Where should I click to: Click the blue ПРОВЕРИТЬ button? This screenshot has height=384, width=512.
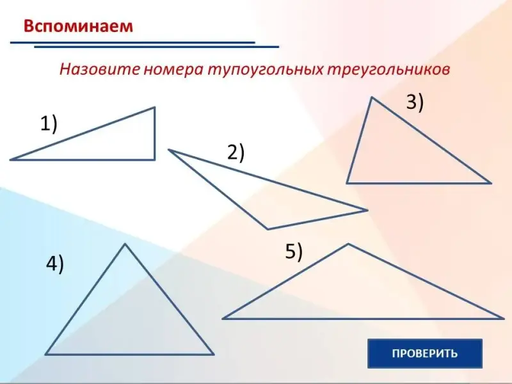(x=425, y=353)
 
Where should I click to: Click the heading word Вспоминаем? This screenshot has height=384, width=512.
(x=78, y=26)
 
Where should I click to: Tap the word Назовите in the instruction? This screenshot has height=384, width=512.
(x=100, y=69)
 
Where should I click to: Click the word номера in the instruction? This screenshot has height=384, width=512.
(x=173, y=70)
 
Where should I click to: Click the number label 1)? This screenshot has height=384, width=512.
(x=49, y=124)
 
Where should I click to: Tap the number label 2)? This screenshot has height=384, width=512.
(x=236, y=152)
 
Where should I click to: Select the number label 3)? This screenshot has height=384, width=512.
(x=415, y=102)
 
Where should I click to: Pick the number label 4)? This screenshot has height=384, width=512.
(x=55, y=264)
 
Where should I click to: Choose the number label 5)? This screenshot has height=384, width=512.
(x=294, y=252)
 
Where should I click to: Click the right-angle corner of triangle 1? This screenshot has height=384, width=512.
(x=154, y=159)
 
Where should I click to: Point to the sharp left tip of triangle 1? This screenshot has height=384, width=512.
(x=10, y=159)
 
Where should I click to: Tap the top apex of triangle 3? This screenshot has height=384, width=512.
(x=372, y=97)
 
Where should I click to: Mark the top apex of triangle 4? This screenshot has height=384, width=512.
(x=125, y=244)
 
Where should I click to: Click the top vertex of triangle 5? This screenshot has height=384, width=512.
(x=348, y=244)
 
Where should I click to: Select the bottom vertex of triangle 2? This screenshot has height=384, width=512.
(x=268, y=229)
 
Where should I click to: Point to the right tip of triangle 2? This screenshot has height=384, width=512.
(x=367, y=211)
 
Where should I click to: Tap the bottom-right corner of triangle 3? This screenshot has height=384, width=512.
(x=491, y=183)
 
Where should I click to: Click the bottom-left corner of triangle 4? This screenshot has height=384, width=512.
(x=45, y=355)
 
